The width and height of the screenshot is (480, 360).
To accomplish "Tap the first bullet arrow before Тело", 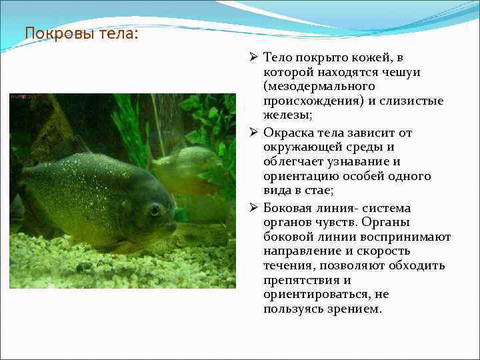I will click(254, 57).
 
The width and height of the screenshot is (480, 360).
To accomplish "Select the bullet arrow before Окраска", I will click(254, 132).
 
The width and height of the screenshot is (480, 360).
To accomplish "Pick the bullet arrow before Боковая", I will click(254, 207).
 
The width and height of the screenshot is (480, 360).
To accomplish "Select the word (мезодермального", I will click(319, 87).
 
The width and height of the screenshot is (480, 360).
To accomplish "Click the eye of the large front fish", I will click(155, 211).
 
